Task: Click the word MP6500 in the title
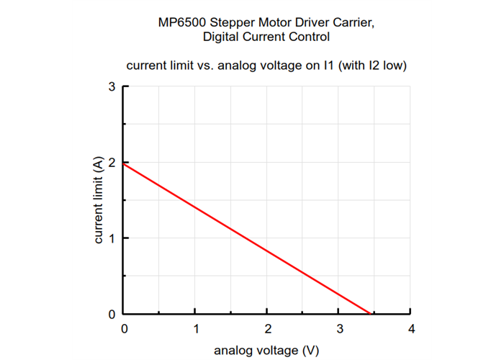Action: tap(181, 22)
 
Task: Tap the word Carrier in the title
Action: tap(354, 22)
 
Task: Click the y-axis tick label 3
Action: tap(112, 86)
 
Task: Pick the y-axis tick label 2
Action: tap(112, 163)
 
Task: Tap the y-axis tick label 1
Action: tap(112, 238)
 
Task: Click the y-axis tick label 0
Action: tap(112, 315)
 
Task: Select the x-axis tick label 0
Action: tap(125, 328)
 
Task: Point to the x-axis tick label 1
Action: tap(196, 328)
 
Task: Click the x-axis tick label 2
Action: tap(267, 328)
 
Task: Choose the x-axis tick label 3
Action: tap(339, 328)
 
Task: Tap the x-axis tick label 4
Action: tap(410, 328)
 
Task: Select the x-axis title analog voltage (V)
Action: tap(267, 351)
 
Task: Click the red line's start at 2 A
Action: tap(125, 163)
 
